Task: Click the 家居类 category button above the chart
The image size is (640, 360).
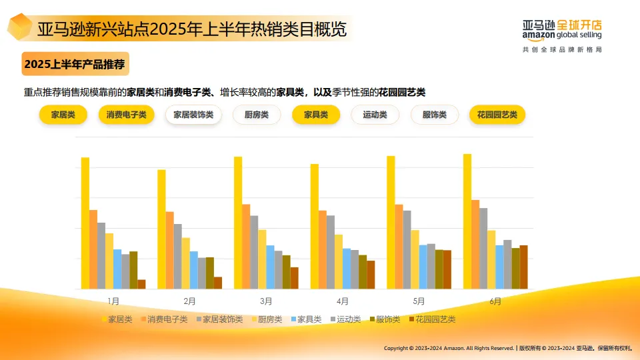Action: [63, 115]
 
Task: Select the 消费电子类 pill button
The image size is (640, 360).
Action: [127, 115]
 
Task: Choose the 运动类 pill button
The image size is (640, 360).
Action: [375, 115]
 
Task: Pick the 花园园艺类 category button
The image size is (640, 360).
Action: [497, 115]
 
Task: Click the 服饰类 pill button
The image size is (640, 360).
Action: [435, 115]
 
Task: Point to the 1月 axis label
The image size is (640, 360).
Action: [113, 301]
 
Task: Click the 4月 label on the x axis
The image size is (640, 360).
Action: [343, 301]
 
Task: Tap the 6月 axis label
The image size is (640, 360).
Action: [495, 301]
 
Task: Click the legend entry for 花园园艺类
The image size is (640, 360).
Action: [431, 319]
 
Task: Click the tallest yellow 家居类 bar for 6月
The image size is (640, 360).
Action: [467, 221]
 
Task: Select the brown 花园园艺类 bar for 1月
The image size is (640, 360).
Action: [141, 284]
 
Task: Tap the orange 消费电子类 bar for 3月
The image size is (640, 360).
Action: [246, 247]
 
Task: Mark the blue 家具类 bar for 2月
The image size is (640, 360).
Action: [193, 270]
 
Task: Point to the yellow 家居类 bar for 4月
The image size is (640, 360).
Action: [314, 227]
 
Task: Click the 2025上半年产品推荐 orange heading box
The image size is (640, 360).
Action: [74, 65]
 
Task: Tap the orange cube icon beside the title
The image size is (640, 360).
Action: [20, 27]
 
